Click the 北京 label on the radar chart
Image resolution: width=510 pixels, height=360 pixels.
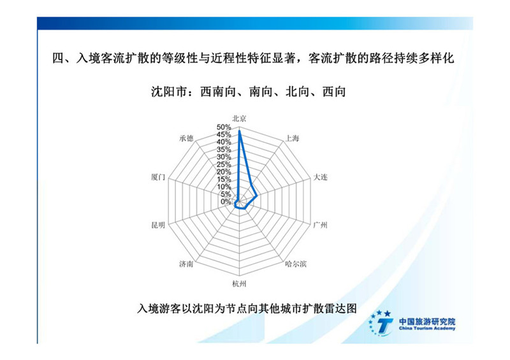[239, 119]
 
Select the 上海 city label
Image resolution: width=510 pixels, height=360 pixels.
[292, 138]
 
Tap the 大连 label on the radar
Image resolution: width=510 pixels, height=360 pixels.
[320, 177]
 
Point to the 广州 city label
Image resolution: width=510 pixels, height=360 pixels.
[320, 225]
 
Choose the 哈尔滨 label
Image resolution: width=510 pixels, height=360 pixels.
[296, 264]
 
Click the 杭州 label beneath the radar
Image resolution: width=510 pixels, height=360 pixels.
[239, 284]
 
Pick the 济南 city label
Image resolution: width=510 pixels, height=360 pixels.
[186, 264]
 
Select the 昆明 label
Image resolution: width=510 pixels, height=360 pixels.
[158, 225]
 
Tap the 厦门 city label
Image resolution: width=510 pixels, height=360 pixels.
[158, 177]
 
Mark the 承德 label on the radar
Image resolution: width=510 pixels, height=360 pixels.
[186, 138]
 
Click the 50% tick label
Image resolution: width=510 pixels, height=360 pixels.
[224, 127]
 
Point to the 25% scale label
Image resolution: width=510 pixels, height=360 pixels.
[224, 164]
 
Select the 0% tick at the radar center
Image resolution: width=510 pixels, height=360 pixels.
[226, 202]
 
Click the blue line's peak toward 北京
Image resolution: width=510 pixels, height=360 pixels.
[240, 131]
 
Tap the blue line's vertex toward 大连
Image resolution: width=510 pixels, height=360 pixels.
[257, 196]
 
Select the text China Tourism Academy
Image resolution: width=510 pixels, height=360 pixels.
[427, 328]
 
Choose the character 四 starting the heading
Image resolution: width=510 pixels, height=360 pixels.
[59, 58]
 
